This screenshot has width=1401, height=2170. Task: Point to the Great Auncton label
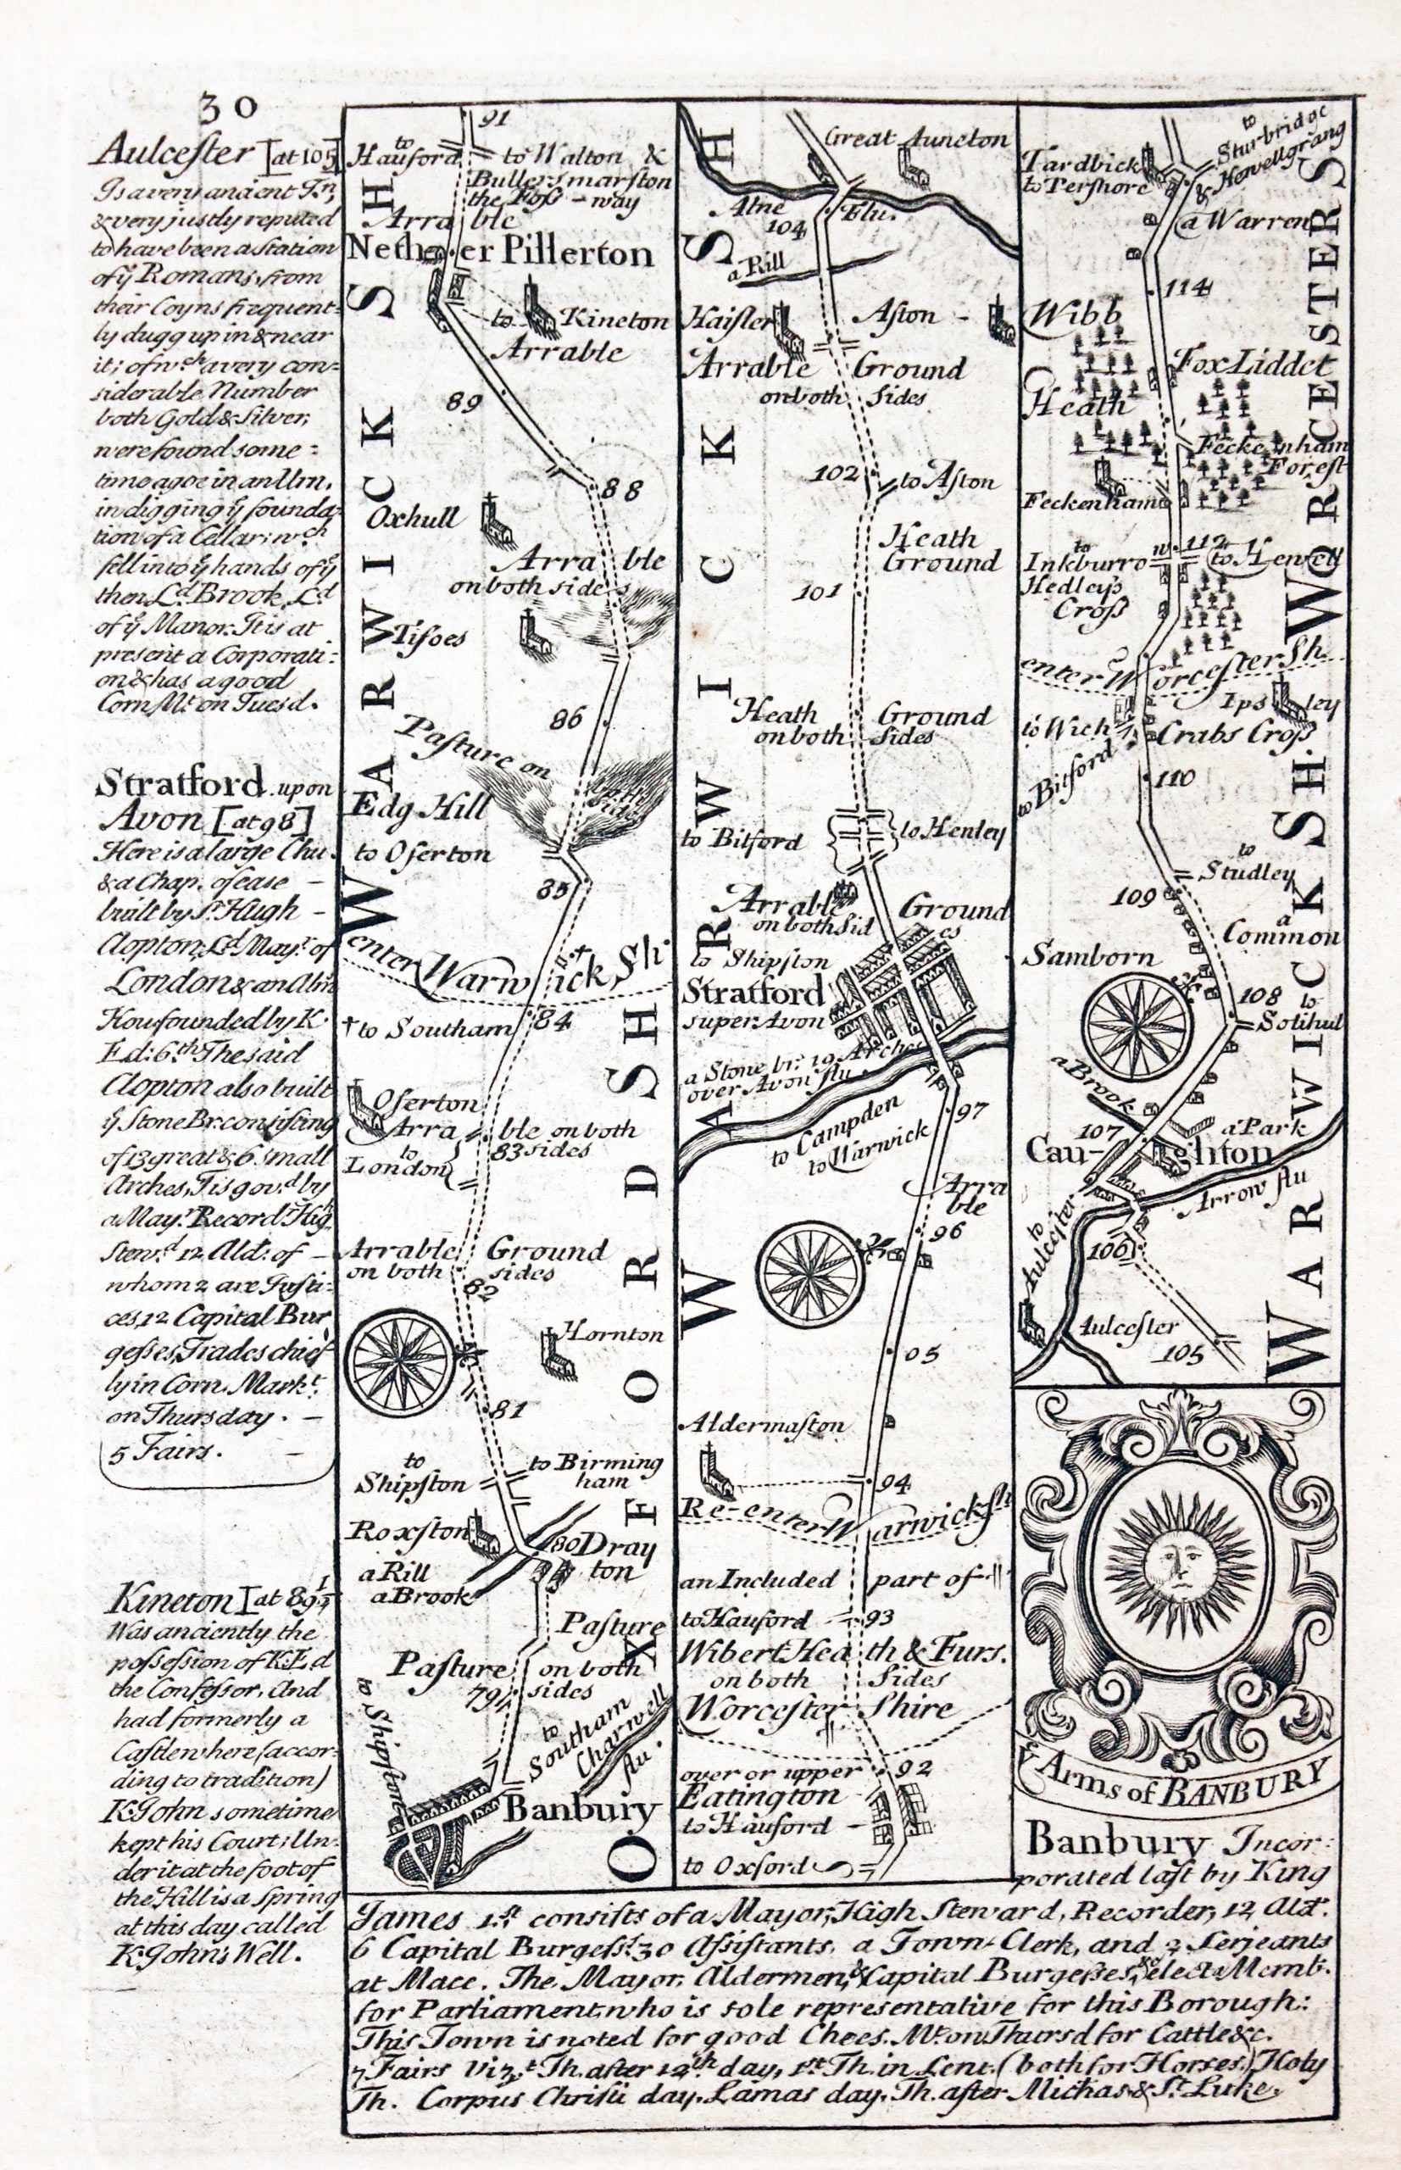point(919,140)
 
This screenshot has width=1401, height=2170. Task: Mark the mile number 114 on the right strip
point(1187,288)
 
